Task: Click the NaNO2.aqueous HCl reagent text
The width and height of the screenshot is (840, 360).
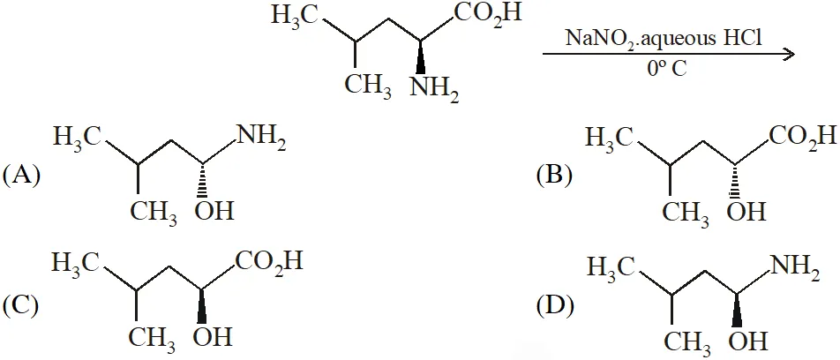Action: coord(664,41)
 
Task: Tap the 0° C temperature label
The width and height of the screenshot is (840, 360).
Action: coord(666,69)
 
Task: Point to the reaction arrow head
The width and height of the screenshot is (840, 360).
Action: coord(787,54)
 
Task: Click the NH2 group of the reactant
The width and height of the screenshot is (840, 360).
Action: coord(434,87)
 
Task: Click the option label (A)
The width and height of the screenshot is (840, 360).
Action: coord(21,176)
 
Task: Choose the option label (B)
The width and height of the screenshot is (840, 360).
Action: coord(554,176)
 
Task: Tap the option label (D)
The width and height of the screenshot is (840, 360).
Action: coord(554,305)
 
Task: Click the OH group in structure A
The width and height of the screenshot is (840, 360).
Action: coord(214,211)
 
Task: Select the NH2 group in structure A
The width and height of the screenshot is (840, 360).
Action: coord(261,140)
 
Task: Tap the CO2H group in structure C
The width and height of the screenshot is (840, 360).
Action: coord(269,264)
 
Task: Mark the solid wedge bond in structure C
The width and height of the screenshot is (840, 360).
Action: coord(201,306)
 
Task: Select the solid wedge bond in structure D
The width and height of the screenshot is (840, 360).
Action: coord(738,309)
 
